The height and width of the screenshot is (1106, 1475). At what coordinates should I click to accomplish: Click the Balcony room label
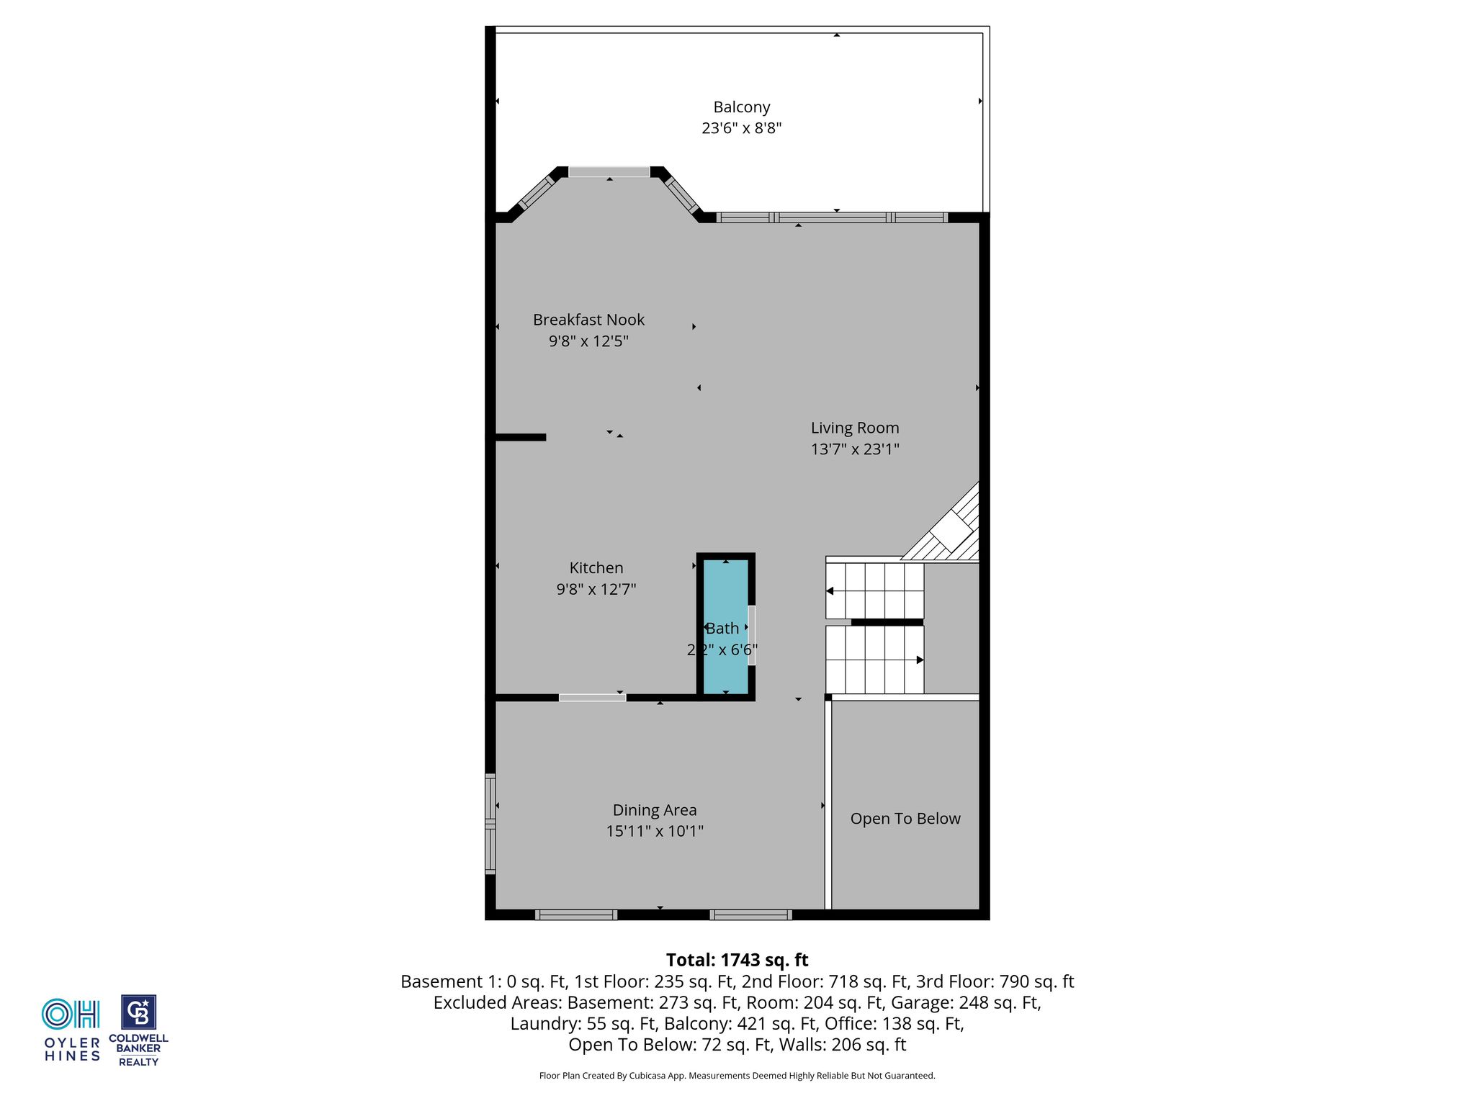pyautogui.click(x=741, y=107)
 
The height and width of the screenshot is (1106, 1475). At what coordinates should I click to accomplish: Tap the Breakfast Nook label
pyautogui.click(x=588, y=320)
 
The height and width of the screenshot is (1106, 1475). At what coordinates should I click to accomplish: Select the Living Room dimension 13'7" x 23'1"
pyautogui.click(x=855, y=449)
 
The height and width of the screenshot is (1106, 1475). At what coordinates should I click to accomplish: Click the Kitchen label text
pyautogui.click(x=596, y=568)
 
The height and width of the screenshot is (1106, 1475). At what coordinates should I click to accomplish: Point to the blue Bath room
pyautogui.click(x=725, y=626)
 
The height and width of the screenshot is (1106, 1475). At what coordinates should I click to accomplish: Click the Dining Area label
pyautogui.click(x=655, y=811)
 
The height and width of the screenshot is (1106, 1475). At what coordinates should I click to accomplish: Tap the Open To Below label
pyautogui.click(x=905, y=819)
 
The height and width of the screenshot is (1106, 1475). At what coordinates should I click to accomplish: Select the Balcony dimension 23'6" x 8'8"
pyautogui.click(x=741, y=128)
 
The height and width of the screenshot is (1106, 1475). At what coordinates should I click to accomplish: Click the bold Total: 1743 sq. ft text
pyautogui.click(x=737, y=960)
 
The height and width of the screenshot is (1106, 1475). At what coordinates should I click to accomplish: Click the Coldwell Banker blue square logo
pyautogui.click(x=138, y=1012)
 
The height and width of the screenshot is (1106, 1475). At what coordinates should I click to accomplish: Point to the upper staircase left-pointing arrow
pyautogui.click(x=830, y=591)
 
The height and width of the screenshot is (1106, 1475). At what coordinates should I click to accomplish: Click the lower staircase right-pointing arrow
pyautogui.click(x=920, y=660)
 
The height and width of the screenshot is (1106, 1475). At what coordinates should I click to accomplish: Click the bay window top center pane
pyautogui.click(x=609, y=172)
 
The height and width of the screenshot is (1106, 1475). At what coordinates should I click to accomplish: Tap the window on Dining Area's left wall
pyautogui.click(x=490, y=824)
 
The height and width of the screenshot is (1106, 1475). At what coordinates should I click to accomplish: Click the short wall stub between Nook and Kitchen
pyautogui.click(x=521, y=437)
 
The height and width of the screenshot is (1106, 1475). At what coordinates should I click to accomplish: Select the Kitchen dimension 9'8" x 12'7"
pyautogui.click(x=596, y=590)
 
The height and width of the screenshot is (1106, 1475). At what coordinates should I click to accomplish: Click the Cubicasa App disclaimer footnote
pyautogui.click(x=737, y=1076)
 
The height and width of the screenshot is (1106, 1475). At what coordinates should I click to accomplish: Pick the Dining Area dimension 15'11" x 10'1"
pyautogui.click(x=655, y=832)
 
